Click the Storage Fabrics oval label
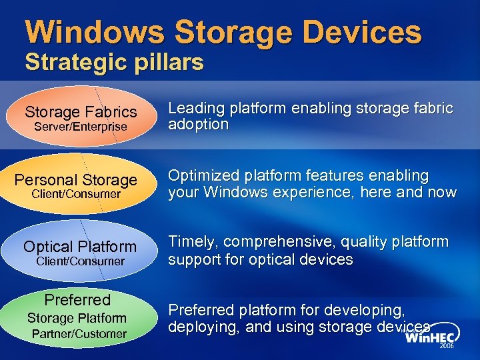[81, 111]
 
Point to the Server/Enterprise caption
[81, 126]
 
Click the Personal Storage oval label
[76, 180]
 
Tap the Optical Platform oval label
[80, 247]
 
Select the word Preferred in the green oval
[77, 300]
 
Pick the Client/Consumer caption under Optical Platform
[81, 261]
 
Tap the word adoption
[199, 125]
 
